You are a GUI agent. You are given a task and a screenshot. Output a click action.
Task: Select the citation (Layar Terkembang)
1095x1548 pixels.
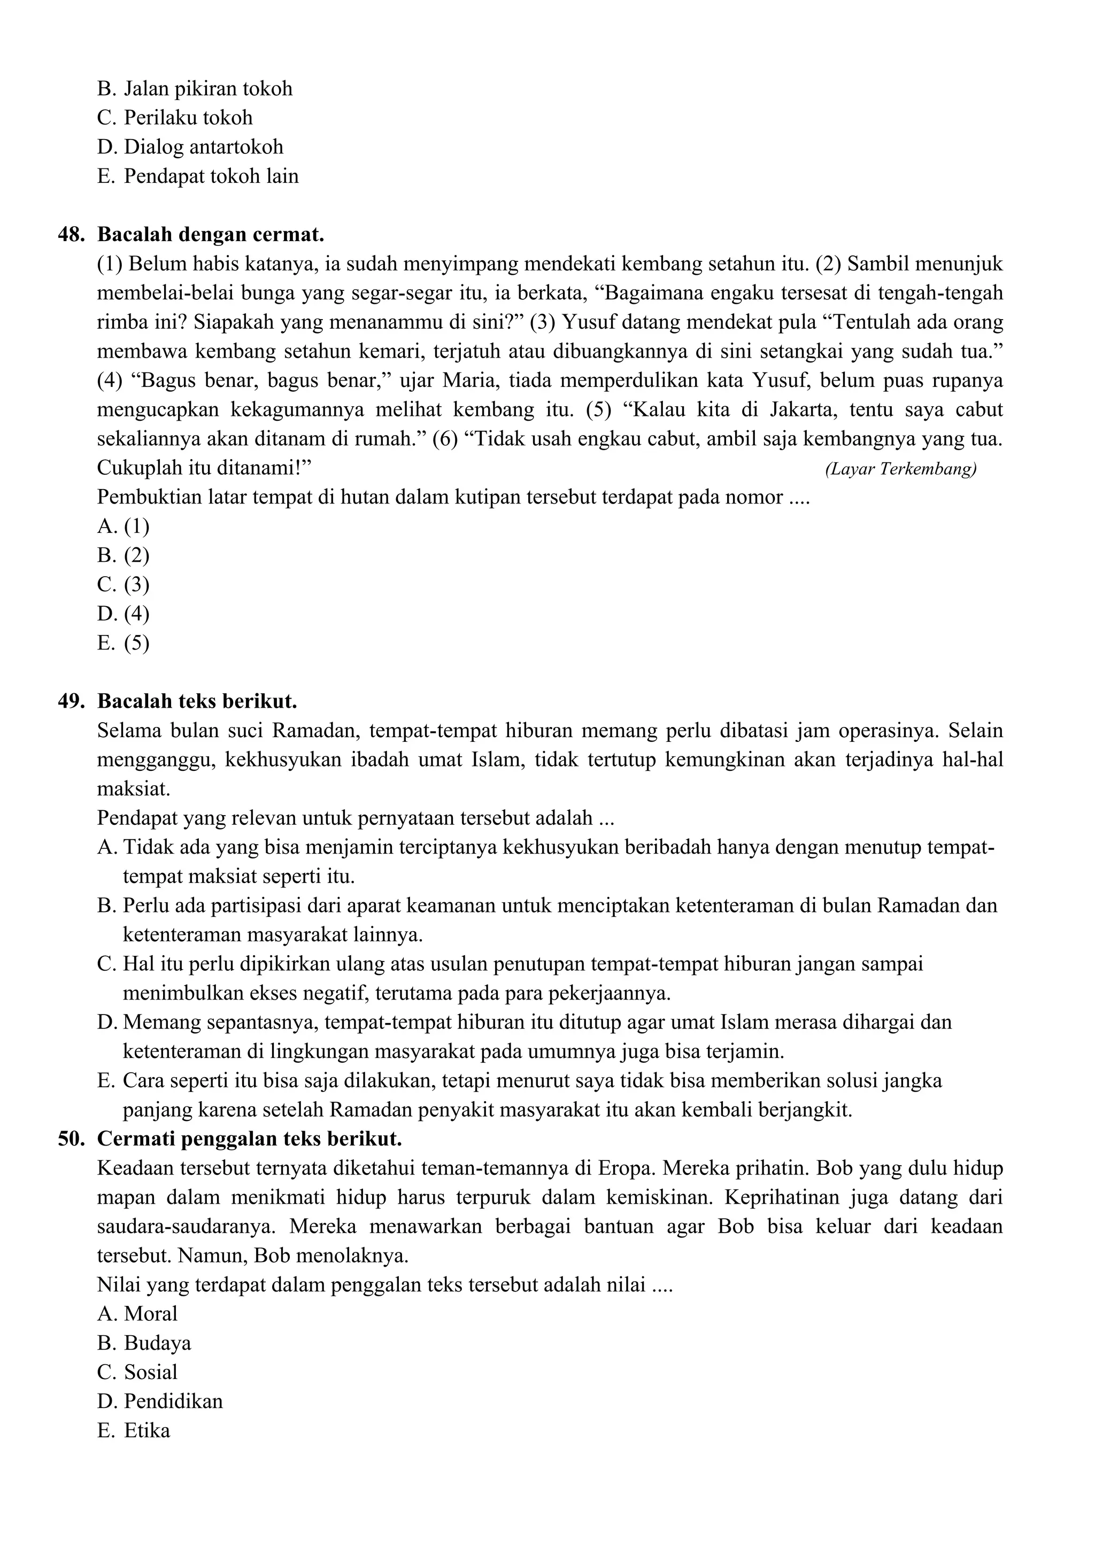[x=900, y=469]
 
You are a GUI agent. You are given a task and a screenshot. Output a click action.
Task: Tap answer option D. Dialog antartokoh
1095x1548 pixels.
[x=190, y=147]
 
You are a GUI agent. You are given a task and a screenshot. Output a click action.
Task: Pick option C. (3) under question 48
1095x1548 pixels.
[x=124, y=585]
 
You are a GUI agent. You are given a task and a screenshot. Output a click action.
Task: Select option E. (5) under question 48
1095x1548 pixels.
[x=124, y=643]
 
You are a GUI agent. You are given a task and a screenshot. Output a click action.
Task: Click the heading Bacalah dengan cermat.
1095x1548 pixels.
[x=210, y=235]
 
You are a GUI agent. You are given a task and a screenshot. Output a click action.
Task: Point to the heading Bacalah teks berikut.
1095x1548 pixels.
[x=197, y=701]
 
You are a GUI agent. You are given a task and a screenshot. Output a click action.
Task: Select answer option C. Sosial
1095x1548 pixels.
[x=137, y=1372]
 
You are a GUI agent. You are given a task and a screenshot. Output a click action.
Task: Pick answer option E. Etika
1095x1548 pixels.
[x=134, y=1431]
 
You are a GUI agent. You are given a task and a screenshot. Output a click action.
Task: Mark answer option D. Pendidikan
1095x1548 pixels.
[x=160, y=1402]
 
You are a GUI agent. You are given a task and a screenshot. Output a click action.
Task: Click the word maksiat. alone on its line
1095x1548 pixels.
[x=134, y=789]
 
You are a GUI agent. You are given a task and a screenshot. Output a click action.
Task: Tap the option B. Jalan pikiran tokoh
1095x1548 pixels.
[x=195, y=89]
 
